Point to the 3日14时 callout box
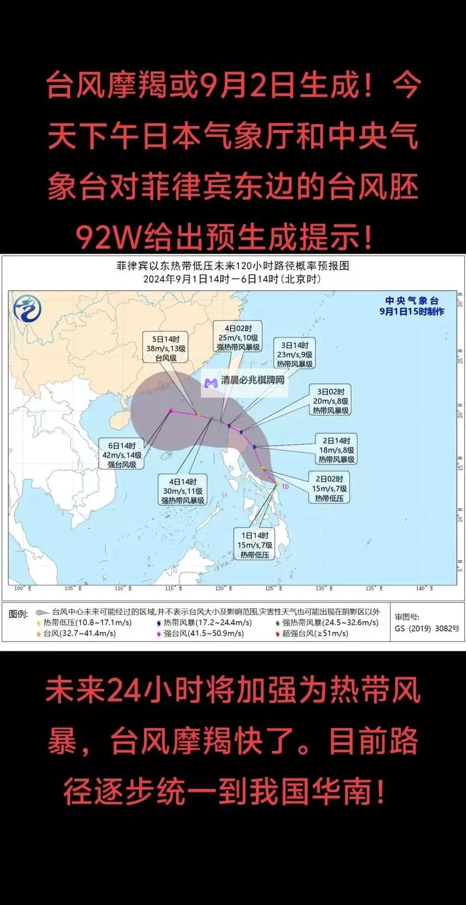point(298,354)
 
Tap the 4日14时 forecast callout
point(182,490)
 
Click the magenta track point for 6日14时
point(171,411)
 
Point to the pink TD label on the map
point(285,486)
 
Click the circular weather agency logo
point(28,308)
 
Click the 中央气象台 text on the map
point(411,301)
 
